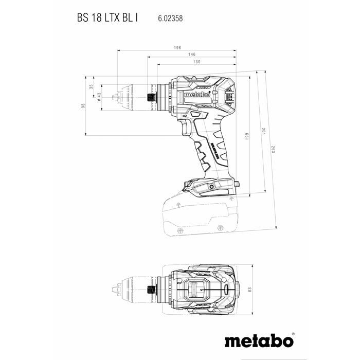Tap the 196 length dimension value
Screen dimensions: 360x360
coord(177,48)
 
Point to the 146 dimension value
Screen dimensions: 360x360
coord(191,55)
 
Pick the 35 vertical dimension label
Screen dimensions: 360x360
coord(91,87)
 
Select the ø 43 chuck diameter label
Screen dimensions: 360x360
coord(99,97)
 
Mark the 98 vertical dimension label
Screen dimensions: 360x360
coord(82,106)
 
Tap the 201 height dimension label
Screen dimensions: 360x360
coord(264,131)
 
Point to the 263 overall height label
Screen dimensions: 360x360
coord(273,149)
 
